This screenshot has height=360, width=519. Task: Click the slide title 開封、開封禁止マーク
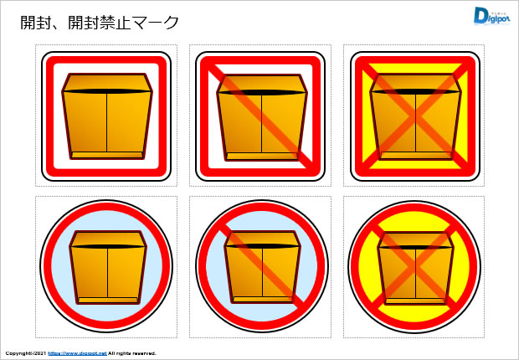pyautogui.click(x=100, y=23)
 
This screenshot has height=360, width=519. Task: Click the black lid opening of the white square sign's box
pyautogui.click(x=107, y=90)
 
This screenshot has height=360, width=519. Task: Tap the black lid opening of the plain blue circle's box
pyautogui.click(x=107, y=246)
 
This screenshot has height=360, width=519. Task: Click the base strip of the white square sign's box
pyautogui.click(x=107, y=155)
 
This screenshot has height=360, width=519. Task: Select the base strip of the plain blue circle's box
pyautogui.click(x=107, y=300)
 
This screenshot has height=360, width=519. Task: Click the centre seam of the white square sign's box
pyautogui.click(x=107, y=124)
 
